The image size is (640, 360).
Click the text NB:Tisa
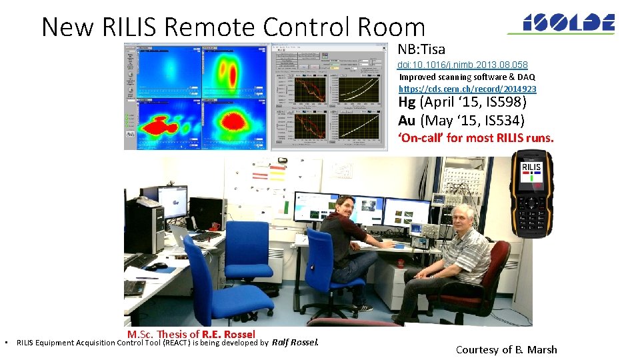pyautogui.click(x=421, y=49)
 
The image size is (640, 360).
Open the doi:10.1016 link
pyautogui.click(x=463, y=65)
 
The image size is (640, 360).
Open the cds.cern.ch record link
pyautogui.click(x=467, y=89)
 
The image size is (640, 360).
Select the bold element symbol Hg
pyautogui.click(x=407, y=103)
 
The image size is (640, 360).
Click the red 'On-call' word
pyautogui.click(x=421, y=138)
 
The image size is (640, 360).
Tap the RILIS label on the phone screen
pyautogui.click(x=531, y=167)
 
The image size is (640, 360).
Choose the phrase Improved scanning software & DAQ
pyautogui.click(x=467, y=77)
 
